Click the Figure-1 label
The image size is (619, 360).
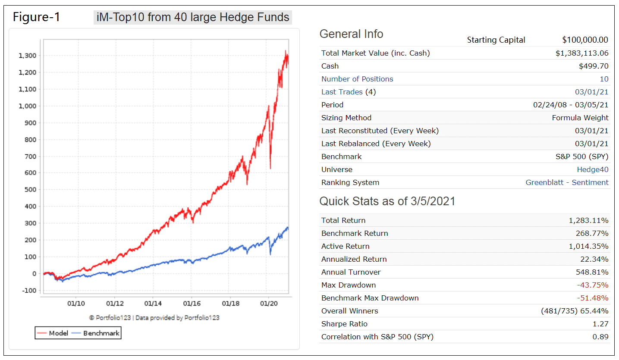point(37,17)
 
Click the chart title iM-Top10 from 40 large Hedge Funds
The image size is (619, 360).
point(193,17)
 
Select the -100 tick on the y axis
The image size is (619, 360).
point(28,290)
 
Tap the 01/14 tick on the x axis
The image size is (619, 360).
point(153,303)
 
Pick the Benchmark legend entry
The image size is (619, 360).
point(96,333)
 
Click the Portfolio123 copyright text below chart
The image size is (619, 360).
point(154,318)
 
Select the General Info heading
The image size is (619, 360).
point(351,34)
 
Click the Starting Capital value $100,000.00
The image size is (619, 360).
point(585,40)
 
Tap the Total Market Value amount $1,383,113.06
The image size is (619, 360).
point(582,53)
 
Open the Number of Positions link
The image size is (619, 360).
point(357,79)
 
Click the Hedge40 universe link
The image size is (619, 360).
point(593,169)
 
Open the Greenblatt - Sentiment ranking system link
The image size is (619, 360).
point(567,182)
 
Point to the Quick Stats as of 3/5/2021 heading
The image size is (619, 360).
point(387,201)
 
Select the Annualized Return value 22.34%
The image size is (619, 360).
point(594,259)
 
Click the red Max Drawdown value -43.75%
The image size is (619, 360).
point(593,285)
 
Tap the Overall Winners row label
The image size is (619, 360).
point(349,311)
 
